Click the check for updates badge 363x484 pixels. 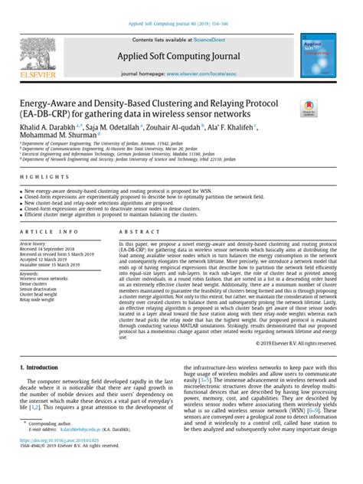pyautogui.click(x=309, y=108)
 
